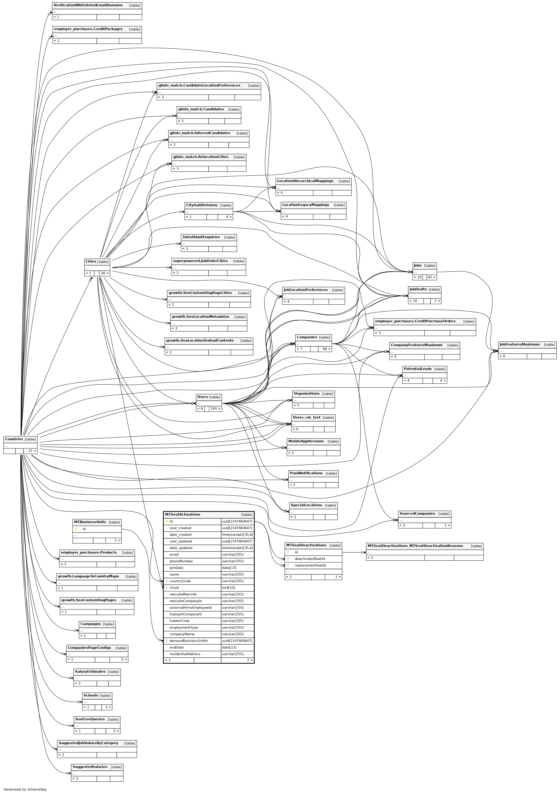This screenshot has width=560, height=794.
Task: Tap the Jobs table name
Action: (418, 265)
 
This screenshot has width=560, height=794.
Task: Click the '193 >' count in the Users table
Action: (215, 409)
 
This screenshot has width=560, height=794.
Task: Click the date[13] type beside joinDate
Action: (229, 568)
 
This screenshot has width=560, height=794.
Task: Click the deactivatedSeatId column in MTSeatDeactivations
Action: (310, 559)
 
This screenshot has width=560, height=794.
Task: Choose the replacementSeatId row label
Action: (310, 565)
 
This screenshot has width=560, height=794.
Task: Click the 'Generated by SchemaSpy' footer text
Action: (25, 789)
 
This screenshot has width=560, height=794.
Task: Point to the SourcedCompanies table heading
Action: (417, 514)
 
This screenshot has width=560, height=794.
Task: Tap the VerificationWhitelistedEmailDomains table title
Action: (88, 5)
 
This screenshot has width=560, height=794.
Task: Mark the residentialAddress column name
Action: (185, 654)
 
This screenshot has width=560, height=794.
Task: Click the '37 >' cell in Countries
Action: (32, 451)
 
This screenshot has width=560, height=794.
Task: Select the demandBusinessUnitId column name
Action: (188, 641)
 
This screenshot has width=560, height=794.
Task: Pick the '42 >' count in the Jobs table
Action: (431, 277)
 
